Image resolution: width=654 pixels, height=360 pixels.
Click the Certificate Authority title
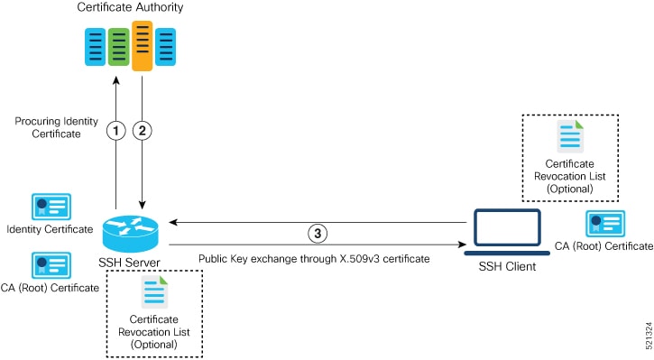[130, 8]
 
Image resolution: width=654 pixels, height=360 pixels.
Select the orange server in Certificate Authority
[142, 46]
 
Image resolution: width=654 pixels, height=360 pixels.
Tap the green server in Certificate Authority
[118, 48]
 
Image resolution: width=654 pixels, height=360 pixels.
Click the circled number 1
[115, 131]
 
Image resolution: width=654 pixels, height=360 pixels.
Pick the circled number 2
[142, 131]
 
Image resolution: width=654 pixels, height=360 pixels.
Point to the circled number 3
[317, 233]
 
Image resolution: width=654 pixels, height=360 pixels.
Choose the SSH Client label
[506, 268]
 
